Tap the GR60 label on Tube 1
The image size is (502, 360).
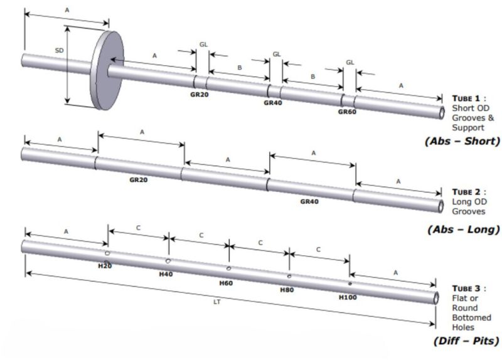[347, 112]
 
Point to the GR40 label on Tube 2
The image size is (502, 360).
[310, 201]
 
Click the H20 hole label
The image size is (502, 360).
[105, 266]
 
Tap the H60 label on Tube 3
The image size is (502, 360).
[226, 283]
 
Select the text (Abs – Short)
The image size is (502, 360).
[463, 141]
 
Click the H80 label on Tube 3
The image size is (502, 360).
[287, 290]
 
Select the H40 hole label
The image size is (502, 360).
[166, 274]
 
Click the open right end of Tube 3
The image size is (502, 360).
[434, 297]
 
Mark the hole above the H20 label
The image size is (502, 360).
[108, 253]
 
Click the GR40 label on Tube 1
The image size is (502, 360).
[273, 103]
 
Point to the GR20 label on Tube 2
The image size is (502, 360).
[139, 179]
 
